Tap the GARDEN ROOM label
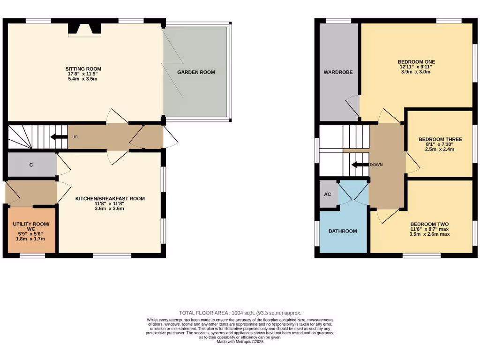click(x=196, y=72)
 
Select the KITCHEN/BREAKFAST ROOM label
click(x=110, y=199)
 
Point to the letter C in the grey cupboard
click(x=31, y=165)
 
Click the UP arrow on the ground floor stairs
click(x=59, y=137)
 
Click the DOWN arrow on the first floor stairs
click(x=360, y=165)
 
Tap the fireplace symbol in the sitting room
click(x=84, y=30)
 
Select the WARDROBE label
click(x=338, y=72)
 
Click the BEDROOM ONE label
click(x=416, y=62)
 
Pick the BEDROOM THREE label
click(x=440, y=139)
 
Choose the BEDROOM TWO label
click(x=429, y=224)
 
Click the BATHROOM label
click(x=342, y=231)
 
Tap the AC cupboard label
click(x=328, y=194)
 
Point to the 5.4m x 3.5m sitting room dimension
click(x=83, y=79)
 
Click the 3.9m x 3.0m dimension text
click(x=416, y=72)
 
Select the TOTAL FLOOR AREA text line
click(x=240, y=313)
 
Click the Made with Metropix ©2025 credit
click(x=240, y=342)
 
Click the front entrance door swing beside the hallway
click(x=171, y=138)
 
